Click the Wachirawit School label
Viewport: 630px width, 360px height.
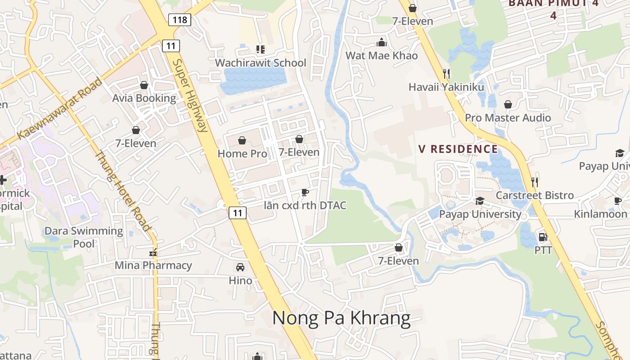point(261,63)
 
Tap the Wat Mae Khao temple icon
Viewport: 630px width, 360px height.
point(382,43)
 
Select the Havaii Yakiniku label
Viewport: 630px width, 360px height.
point(446,87)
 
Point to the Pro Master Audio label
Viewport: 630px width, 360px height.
point(508,118)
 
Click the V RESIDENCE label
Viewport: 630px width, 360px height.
point(458,149)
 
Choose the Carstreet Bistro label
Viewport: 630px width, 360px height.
point(535,195)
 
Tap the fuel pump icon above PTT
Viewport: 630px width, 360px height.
point(543,237)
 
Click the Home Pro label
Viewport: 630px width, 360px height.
point(242,153)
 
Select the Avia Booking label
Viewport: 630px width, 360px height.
point(144,98)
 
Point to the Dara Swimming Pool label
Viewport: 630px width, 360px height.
point(84,237)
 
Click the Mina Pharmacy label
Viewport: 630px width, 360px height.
point(153,265)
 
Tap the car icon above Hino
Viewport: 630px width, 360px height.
point(240,267)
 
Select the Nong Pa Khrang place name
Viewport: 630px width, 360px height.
point(341,318)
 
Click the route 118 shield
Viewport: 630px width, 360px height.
point(180,19)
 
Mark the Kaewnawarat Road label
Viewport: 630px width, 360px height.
point(59,108)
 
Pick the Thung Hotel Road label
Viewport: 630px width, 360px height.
point(122,191)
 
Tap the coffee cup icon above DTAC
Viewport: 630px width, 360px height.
point(305,193)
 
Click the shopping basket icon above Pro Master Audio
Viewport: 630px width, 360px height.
point(508,104)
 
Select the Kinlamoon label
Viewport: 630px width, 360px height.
point(600,214)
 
